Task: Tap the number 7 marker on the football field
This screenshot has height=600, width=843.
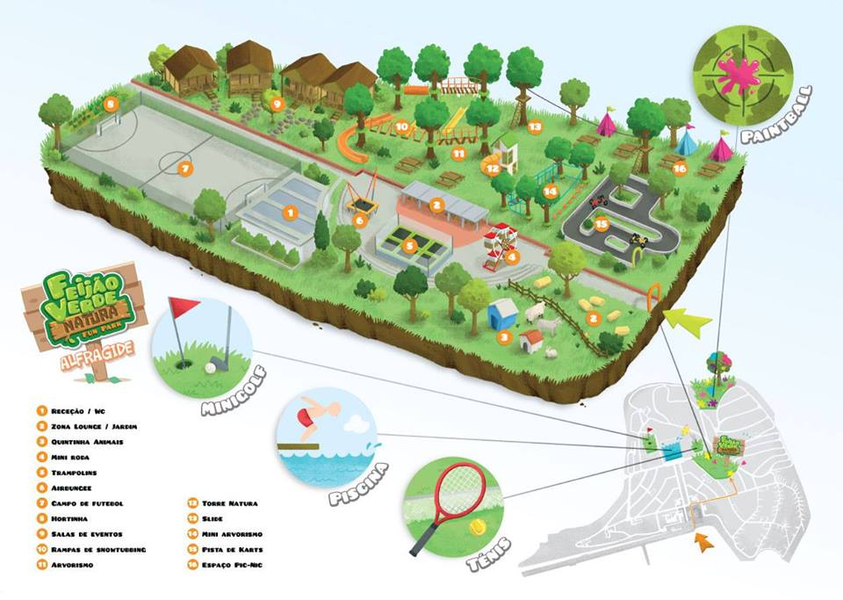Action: pyautogui.click(x=184, y=168)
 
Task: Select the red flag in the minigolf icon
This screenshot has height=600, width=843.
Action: pyautogui.click(x=184, y=308)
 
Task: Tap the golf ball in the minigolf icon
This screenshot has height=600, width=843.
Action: pyautogui.click(x=211, y=368)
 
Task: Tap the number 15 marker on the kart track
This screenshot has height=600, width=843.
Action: pyautogui.click(x=601, y=224)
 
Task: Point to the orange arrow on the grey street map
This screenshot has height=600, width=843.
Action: pyautogui.click(x=702, y=541)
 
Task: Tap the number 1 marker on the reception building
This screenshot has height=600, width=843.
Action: pyautogui.click(x=288, y=212)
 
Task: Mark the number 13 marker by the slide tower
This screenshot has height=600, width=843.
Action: pyautogui.click(x=534, y=127)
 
